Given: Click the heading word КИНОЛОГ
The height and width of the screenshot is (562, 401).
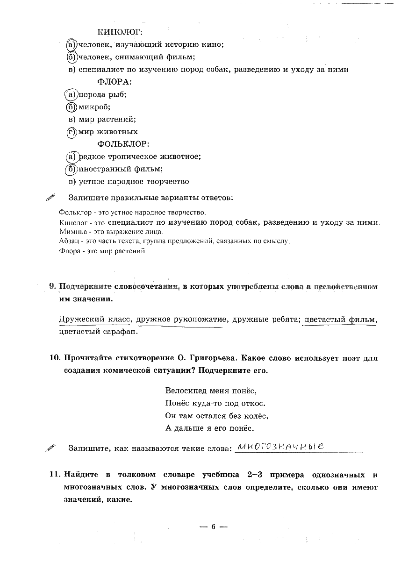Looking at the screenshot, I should [x=119, y=32].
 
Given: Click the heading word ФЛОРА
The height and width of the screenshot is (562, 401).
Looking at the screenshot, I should [x=115, y=82].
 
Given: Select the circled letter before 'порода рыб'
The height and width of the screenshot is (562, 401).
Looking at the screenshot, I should [x=71, y=94].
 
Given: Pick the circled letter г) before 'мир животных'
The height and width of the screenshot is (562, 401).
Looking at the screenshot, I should [x=72, y=132].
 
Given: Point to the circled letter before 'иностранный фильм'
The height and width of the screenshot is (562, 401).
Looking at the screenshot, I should [x=72, y=169].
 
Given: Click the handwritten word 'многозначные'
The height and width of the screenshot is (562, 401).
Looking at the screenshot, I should [x=280, y=447].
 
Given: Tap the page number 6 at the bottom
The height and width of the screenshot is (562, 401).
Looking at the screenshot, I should [x=213, y=526].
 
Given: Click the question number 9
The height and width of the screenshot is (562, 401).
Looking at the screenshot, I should [x=53, y=287].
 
